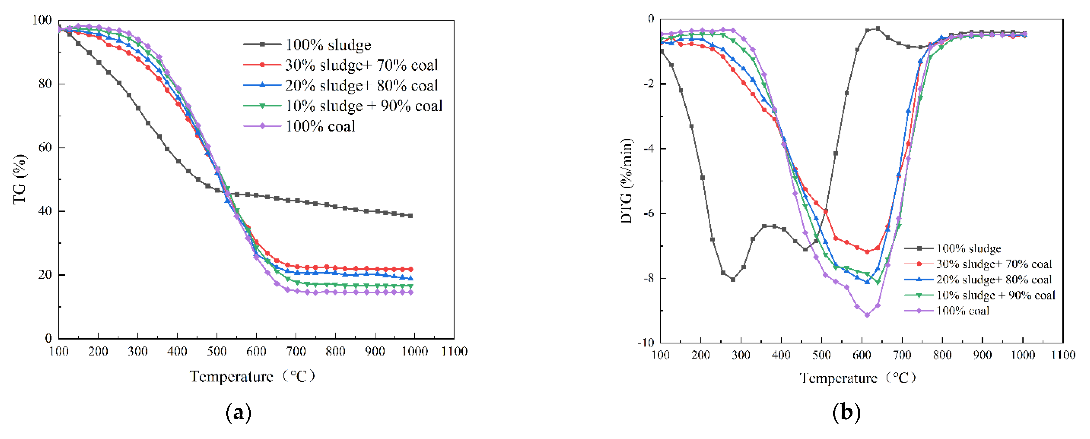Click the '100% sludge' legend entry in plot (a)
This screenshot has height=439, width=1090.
pyautogui.click(x=328, y=44)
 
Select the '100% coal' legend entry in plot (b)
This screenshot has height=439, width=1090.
pyautogui.click(x=963, y=311)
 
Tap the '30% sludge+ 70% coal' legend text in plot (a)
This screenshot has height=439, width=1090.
pyautogui.click(x=361, y=65)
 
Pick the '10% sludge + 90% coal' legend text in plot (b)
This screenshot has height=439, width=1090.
pyautogui.click(x=996, y=295)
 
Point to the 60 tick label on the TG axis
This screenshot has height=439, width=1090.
pyautogui.click(x=45, y=148)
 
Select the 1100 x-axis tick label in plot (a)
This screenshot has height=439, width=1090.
pyautogui.click(x=454, y=352)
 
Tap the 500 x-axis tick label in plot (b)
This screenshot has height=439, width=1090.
pyautogui.click(x=821, y=355)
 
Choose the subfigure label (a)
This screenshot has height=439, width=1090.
pyautogui.click(x=239, y=412)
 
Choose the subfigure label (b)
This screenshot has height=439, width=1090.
pyautogui.click(x=846, y=412)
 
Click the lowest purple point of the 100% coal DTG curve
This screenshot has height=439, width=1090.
pyautogui.click(x=867, y=315)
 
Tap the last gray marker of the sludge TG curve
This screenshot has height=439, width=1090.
pyautogui.click(x=410, y=216)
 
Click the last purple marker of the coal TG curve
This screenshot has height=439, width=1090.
pyautogui.click(x=410, y=293)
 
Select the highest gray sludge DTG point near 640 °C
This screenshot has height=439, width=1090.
pyautogui.click(x=878, y=29)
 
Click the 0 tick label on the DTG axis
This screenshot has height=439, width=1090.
pyautogui.click(x=651, y=19)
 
